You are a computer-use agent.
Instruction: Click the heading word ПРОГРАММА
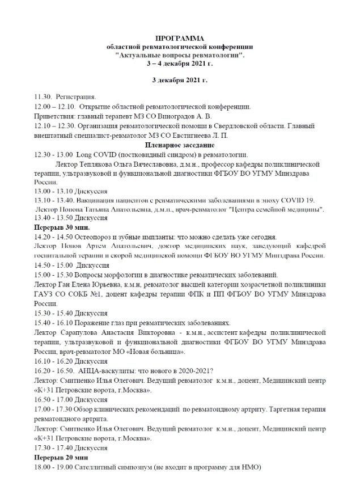180,36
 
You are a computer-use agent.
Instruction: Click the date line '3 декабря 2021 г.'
180,81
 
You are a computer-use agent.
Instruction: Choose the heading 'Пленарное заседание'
179,145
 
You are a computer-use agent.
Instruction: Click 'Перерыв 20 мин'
61,457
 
